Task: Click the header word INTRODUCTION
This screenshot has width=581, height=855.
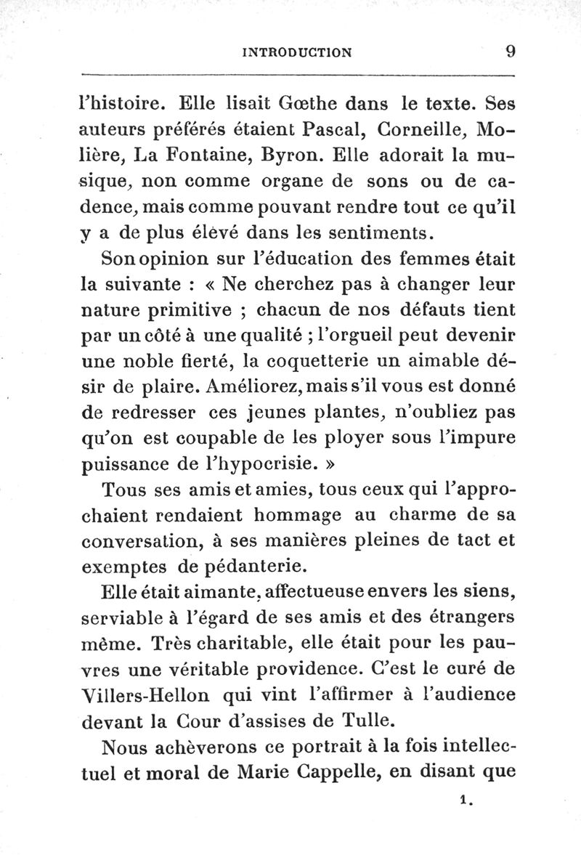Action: pyautogui.click(x=297, y=52)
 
